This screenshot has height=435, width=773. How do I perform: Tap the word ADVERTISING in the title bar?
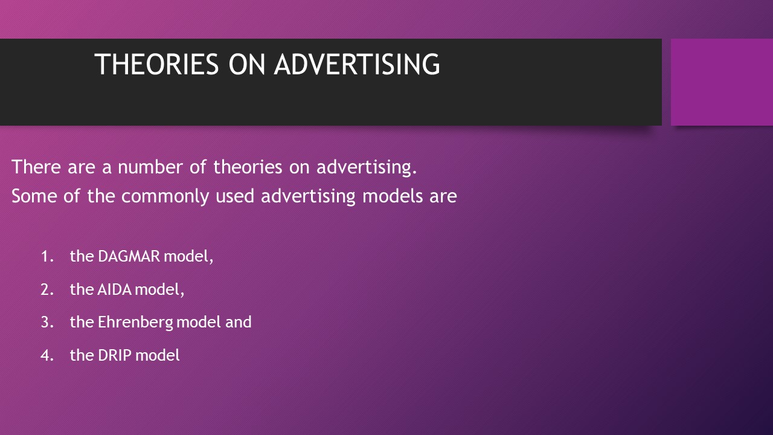357,65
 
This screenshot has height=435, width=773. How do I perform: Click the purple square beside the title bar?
722,82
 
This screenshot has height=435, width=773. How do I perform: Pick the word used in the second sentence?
235,196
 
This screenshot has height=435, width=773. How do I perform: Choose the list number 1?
47,256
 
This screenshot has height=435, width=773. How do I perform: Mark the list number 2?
47,289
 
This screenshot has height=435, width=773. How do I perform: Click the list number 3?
47,322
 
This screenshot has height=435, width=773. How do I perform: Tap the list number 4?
47,355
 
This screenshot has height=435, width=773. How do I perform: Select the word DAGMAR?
129,256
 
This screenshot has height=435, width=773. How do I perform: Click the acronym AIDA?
115,289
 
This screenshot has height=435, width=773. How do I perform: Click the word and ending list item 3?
238,322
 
